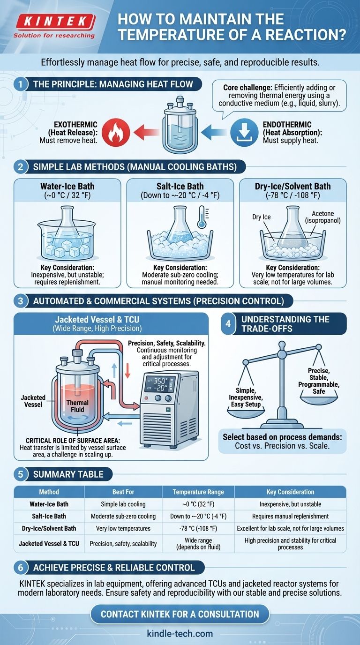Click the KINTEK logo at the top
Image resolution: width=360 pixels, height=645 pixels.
click(x=54, y=22)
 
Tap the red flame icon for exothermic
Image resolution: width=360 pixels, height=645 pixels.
click(x=114, y=132)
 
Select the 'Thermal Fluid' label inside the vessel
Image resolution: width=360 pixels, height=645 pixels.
click(x=77, y=406)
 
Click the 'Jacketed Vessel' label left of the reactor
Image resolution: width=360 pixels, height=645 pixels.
click(x=33, y=401)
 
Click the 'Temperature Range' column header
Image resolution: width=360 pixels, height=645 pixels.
click(x=198, y=492)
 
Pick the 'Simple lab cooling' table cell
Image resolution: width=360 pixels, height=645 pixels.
click(x=123, y=504)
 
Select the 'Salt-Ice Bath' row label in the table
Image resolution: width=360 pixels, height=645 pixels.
click(x=49, y=516)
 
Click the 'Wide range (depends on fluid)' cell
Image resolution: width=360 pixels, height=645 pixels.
click(x=198, y=544)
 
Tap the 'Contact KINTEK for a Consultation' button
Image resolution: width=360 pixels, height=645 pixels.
click(x=180, y=614)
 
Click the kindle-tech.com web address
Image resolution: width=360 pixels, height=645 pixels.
click(x=180, y=634)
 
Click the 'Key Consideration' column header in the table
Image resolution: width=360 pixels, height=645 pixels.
click(x=290, y=492)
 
